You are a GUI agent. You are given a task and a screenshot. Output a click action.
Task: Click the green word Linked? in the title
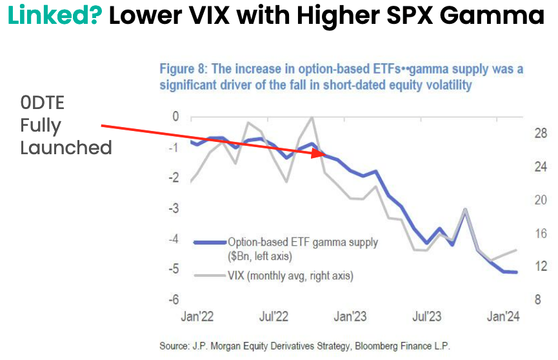point(54,17)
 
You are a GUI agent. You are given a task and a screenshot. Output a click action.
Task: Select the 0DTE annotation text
point(44,103)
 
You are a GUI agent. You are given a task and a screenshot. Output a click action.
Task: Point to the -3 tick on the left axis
point(174,208)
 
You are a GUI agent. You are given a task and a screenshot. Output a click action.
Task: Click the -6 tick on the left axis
point(174,300)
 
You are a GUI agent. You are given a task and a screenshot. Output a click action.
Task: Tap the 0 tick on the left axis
point(175,117)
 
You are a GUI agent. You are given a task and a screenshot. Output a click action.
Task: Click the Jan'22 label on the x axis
point(197,317)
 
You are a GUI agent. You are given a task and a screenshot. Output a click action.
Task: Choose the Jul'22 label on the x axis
point(274,317)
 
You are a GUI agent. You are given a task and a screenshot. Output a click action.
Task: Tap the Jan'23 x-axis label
point(350,317)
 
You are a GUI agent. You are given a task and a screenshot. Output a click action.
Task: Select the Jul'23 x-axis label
point(426,317)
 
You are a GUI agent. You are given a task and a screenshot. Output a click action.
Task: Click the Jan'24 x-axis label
point(503,317)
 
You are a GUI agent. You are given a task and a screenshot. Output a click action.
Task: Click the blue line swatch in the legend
point(210,243)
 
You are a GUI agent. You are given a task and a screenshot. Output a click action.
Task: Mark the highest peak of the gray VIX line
point(312,117)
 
